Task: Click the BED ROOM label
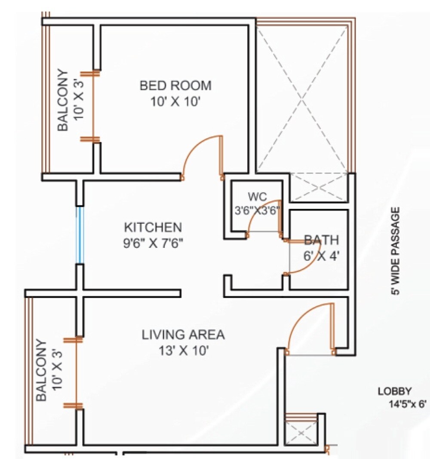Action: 175,85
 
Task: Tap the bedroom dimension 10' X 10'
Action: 175,102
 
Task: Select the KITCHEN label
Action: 153,227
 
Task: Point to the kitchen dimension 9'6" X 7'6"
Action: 153,243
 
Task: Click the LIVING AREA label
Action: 183,334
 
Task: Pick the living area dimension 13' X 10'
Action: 183,351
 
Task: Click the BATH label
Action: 321,240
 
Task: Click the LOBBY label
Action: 395,391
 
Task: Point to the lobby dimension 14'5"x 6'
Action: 406,404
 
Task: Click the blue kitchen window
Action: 79,235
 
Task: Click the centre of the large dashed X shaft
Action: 302,100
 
